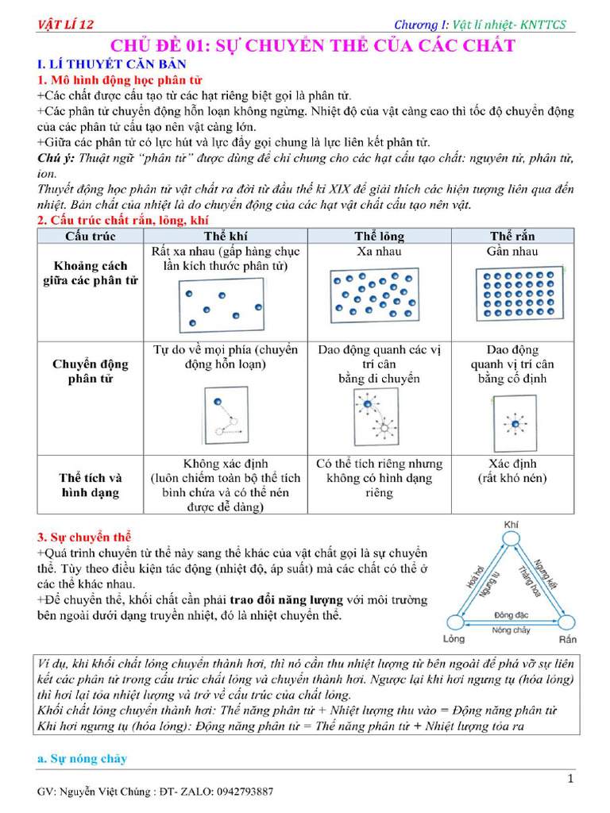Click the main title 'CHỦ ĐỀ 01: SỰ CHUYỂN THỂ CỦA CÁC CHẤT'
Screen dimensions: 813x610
312,45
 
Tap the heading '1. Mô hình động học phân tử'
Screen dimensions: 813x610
119,80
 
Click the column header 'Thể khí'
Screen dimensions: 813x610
226,236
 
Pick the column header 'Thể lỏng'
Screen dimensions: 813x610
379,236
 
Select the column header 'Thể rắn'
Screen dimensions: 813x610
512,236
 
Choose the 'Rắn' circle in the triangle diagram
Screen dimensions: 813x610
567,622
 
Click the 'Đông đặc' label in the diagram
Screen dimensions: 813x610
511,615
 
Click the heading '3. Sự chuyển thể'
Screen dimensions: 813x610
84,537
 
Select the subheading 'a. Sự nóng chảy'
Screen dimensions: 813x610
82,759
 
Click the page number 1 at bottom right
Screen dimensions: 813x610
570,779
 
